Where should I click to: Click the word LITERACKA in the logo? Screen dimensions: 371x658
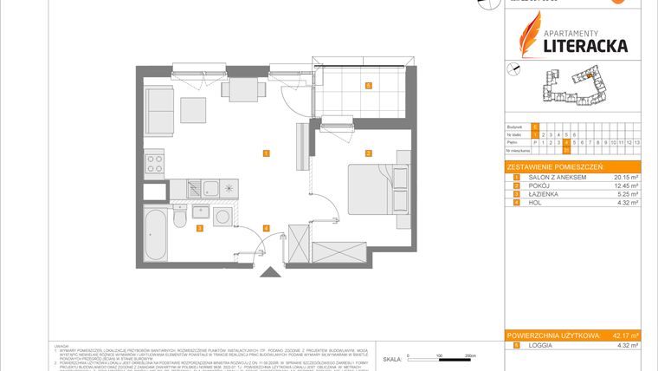click(x=584, y=45)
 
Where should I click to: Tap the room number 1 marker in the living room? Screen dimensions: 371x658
click(x=268, y=153)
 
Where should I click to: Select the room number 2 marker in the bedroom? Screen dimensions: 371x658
click(x=368, y=154)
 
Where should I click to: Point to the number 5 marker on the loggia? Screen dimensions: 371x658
click(x=368, y=86)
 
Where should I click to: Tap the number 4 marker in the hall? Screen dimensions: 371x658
click(x=267, y=229)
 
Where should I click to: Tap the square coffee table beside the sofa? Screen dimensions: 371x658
click(x=193, y=111)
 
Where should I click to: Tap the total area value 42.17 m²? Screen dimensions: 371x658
click(x=623, y=335)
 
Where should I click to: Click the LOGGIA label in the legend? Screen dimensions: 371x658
click(x=542, y=346)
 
